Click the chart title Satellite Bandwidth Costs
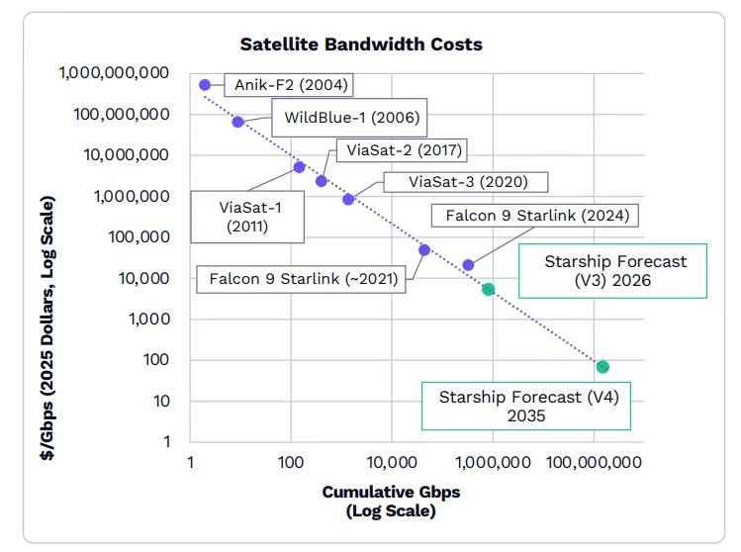click(x=361, y=45)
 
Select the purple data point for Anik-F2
click(x=205, y=85)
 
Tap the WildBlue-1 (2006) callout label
click(x=352, y=119)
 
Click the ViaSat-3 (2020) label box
click(x=468, y=182)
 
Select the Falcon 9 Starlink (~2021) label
click(x=303, y=279)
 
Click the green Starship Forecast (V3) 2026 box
click(x=614, y=271)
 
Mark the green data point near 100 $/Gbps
click(x=602, y=367)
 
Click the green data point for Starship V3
click(x=488, y=289)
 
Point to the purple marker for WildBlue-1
click(x=237, y=122)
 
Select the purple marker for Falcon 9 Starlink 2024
click(x=468, y=265)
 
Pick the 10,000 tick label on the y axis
click(x=143, y=278)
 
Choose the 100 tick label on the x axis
click(x=290, y=462)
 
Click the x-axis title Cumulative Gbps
click(x=391, y=492)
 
